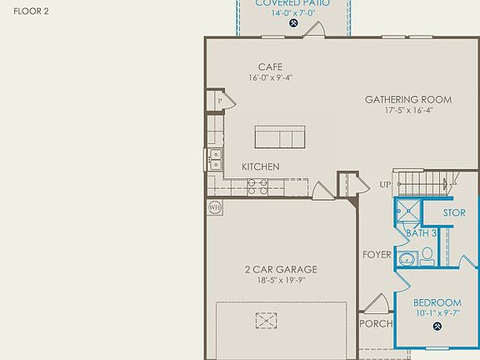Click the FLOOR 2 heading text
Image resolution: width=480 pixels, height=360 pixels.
coord(32,12)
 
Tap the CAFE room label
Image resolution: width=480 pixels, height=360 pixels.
coord(270,67)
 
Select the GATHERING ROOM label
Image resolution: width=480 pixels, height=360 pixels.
coord(408,99)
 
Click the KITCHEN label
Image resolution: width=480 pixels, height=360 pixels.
coord(260,167)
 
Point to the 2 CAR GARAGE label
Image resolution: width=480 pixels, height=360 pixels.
coord(281,269)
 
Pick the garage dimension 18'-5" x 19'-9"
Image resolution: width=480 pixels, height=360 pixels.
coord(281,281)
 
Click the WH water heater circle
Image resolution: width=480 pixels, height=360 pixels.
coord(213,207)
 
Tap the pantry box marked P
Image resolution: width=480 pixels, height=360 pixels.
coord(220,101)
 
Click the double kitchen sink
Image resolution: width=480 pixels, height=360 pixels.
coord(215,159)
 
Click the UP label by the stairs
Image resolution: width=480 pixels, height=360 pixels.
coord(385,184)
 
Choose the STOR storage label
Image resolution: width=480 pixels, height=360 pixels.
coord(453,213)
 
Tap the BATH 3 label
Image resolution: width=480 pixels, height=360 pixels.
coord(422,233)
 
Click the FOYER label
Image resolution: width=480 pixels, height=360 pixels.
coord(377,254)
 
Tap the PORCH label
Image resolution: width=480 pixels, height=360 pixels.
coord(376,323)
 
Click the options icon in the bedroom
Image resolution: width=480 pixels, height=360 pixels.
coord(437,327)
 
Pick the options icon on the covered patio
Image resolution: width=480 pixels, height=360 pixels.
coord(293,23)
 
